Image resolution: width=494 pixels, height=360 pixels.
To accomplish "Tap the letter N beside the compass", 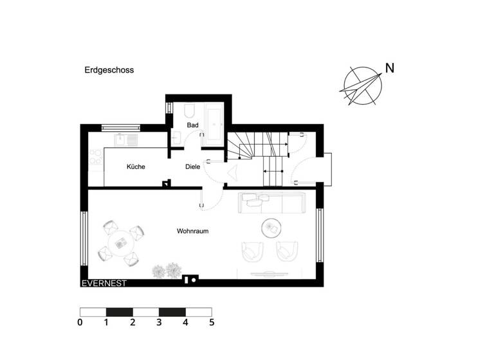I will [x=389, y=67].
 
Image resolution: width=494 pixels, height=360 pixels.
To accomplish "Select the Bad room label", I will [x=192, y=125].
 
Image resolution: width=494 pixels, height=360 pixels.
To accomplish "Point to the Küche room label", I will [x=136, y=166].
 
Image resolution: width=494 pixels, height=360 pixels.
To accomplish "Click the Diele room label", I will [x=192, y=166].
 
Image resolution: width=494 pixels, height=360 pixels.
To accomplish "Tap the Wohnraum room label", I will [x=193, y=231].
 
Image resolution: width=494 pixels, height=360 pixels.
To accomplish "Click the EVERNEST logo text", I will [x=104, y=283].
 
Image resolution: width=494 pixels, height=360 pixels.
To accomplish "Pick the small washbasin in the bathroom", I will [x=176, y=136].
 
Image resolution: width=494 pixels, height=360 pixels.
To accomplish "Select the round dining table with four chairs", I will [x=120, y=243].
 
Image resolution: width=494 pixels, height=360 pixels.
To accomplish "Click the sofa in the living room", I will [x=271, y=203].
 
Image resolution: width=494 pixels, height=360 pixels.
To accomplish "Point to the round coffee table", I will [x=271, y=226].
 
